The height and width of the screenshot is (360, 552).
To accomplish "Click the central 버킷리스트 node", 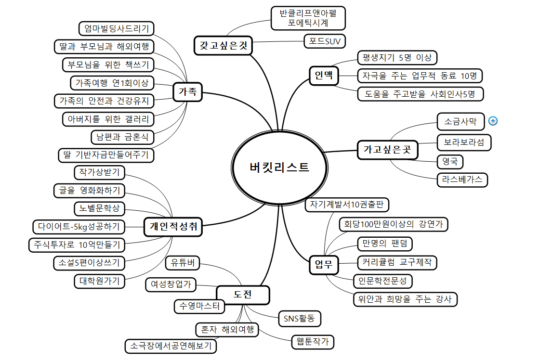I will pos(279,167).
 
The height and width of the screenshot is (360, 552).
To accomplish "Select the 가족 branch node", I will pos(187,92).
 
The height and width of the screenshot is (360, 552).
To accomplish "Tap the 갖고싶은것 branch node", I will pos(223,46).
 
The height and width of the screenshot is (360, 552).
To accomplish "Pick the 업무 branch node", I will pos(324,264).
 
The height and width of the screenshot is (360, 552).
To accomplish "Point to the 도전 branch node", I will pos(243,295).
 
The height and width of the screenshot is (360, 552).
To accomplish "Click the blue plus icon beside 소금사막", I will pos(492,121).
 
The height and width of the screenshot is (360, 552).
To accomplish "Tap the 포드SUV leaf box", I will pos(325,41).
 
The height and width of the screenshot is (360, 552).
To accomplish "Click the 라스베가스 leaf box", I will pos(462,180).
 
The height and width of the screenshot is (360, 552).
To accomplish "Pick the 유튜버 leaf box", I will pos(183,263).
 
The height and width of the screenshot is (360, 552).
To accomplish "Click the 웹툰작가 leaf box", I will pos(313,342).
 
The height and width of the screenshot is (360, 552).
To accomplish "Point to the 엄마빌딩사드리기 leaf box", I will pos(116,28).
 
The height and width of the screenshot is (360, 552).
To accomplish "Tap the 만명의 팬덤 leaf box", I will pos(384,244).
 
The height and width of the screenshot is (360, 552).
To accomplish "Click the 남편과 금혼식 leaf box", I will pos(122,137).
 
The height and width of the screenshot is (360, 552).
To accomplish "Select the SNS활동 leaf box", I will pos(300,318).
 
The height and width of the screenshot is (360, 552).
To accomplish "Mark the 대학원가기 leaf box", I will pos(99,281).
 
